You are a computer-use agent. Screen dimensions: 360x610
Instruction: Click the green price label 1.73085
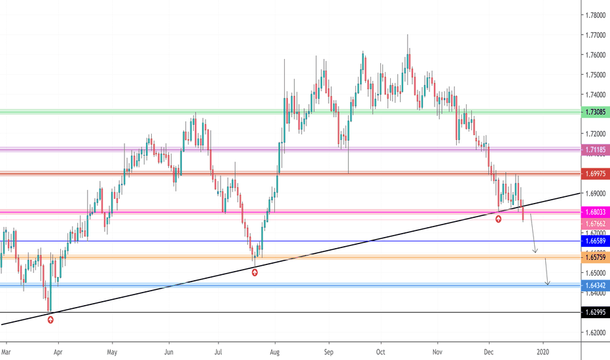tap(595, 113)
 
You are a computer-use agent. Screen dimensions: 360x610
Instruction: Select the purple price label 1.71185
tap(595, 150)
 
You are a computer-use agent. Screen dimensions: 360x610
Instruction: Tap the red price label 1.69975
tap(595, 173)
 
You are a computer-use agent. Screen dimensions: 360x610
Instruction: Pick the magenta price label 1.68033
tap(595, 211)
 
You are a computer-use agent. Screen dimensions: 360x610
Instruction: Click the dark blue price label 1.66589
tap(595, 241)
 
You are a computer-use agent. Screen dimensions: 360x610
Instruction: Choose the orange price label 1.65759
tap(595, 257)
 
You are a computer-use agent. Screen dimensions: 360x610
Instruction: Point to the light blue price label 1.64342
tap(595, 285)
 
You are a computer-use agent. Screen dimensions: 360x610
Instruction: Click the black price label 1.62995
tap(595, 313)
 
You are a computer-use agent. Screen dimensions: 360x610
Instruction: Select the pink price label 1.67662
tap(595, 224)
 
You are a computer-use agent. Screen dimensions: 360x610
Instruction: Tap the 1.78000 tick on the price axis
tap(595, 15)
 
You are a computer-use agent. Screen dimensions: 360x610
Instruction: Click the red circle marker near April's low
tap(50, 319)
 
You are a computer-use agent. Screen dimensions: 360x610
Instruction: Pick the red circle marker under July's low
tap(255, 272)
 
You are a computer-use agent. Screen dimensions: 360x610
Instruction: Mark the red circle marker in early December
tap(498, 219)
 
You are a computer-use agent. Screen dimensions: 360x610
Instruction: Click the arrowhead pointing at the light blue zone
tap(547, 283)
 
